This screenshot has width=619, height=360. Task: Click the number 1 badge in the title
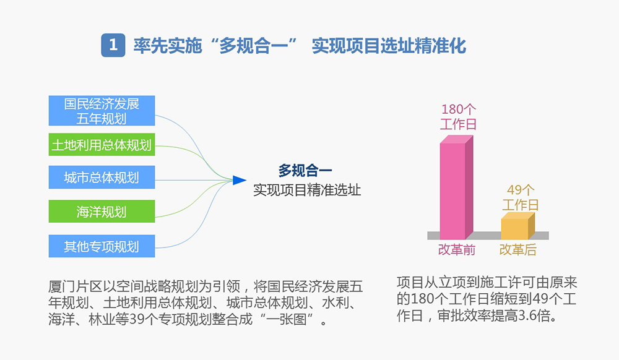(113, 45)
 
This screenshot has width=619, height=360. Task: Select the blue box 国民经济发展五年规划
(102, 111)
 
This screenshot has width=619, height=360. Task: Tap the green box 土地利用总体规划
(102, 145)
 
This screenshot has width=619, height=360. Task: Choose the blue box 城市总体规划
(102, 178)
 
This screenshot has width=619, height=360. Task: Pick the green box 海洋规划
(102, 212)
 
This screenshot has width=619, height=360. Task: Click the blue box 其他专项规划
(102, 246)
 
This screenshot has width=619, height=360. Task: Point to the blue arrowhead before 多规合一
(239, 180)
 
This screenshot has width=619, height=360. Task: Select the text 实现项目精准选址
(306, 190)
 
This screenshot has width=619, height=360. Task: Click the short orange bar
(515, 228)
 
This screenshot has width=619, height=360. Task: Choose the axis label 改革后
(518, 250)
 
